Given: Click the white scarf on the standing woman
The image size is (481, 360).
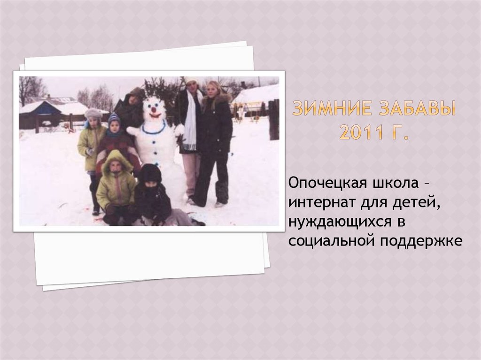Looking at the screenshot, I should tap(191, 120).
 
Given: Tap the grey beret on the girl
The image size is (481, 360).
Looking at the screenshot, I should tap(93, 113).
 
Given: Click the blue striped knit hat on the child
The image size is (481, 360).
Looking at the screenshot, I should tap(114, 120).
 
